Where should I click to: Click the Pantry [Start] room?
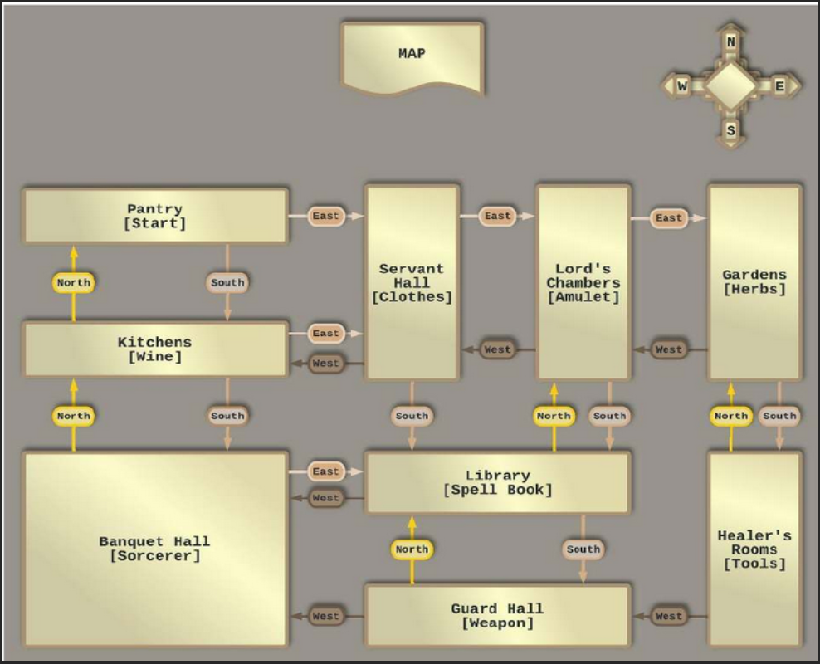coord(155,216)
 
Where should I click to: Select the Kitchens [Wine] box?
coord(155,349)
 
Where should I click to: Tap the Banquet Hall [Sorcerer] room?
coord(155,549)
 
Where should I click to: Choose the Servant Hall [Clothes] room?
coord(412,282)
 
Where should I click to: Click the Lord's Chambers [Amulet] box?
coord(583,282)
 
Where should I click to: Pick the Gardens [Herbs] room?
coord(754,282)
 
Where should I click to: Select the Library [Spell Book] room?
coord(497,482)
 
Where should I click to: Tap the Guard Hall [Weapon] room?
coord(497,615)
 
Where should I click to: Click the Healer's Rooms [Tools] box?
coord(754,549)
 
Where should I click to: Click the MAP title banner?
coord(412,55)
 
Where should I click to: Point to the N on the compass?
coord(730,41)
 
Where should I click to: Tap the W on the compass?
coord(682,85)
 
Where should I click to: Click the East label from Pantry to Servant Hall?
coord(326,216)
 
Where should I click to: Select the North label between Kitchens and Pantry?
coord(74,282)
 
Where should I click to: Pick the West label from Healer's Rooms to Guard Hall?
coord(668,616)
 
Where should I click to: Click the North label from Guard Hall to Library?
coord(412,549)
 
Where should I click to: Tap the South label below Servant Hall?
coord(412,416)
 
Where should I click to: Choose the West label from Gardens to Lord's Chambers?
coord(668,349)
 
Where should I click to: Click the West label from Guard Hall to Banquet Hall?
coord(326,616)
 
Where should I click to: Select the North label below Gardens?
coord(730,416)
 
